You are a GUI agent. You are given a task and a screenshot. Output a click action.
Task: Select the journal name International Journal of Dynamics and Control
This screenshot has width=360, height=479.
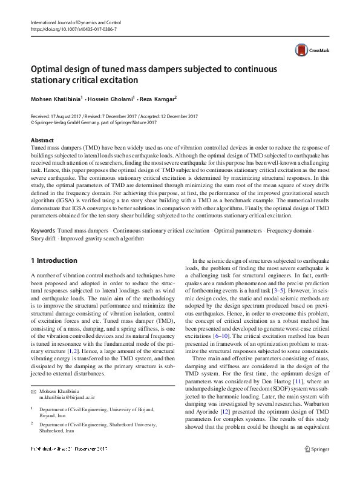(x=80, y=22)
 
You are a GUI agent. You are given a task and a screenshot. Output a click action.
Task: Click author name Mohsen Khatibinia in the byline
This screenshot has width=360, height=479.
(x=56, y=99)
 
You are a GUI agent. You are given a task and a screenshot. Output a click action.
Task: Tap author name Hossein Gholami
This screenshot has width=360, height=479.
(x=113, y=99)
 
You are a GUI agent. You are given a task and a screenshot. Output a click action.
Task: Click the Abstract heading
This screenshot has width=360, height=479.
(x=42, y=139)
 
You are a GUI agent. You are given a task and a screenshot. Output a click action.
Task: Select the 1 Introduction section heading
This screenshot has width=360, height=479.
(x=54, y=260)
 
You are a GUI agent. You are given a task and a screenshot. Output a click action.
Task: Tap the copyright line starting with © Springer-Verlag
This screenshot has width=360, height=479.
(x=93, y=122)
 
